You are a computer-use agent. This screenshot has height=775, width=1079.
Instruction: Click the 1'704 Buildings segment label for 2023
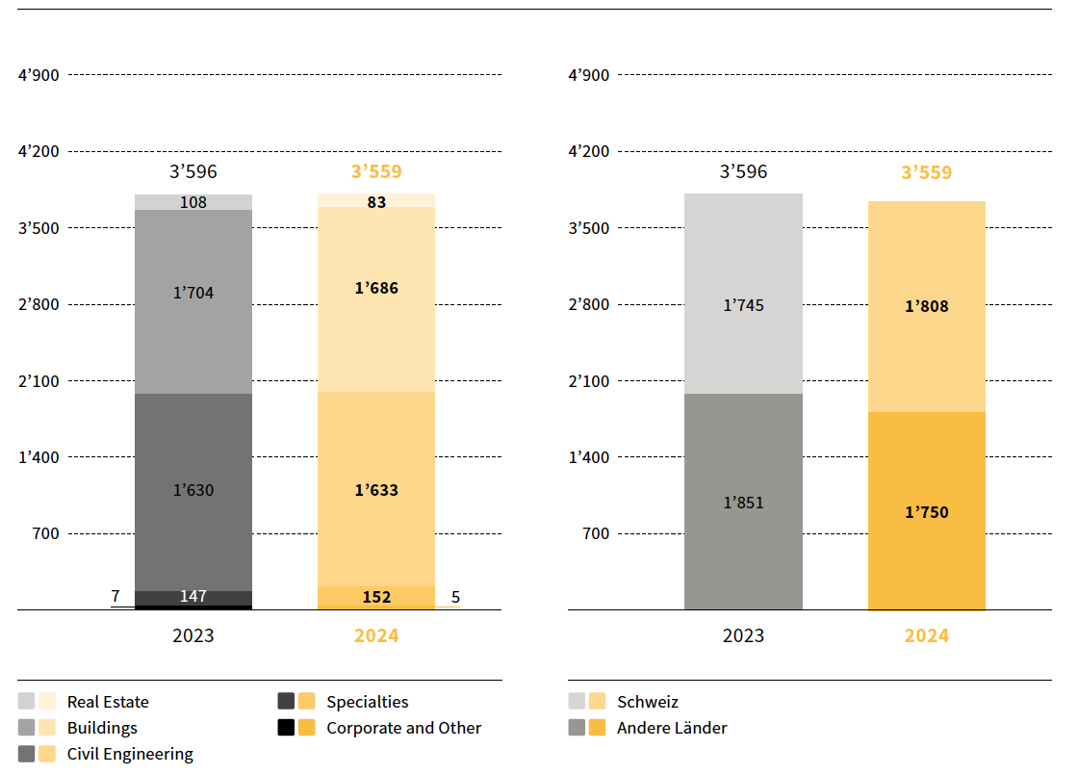pyautogui.click(x=193, y=293)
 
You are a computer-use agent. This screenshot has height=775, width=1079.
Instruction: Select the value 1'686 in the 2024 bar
pyautogui.click(x=376, y=288)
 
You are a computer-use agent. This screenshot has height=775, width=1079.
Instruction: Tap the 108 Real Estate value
pyautogui.click(x=193, y=202)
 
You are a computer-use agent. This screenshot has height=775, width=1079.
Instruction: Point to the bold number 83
pyautogui.click(x=376, y=202)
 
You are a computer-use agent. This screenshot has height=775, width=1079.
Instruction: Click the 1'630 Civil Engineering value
pyautogui.click(x=193, y=490)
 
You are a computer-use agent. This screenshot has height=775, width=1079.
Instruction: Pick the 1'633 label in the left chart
pyautogui.click(x=376, y=490)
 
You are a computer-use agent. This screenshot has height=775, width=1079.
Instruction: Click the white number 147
pyautogui.click(x=193, y=597)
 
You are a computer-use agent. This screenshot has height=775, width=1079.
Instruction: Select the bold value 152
pyautogui.click(x=376, y=597)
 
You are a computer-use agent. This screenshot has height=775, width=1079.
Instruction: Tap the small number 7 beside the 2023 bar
pyautogui.click(x=116, y=597)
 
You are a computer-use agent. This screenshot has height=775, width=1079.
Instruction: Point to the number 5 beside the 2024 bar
pyautogui.click(x=455, y=597)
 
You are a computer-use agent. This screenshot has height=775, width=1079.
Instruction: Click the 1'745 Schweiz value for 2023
pyautogui.click(x=743, y=305)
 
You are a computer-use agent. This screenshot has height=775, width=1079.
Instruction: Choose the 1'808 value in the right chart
pyautogui.click(x=926, y=306)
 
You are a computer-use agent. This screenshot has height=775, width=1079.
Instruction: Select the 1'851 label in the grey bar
pyautogui.click(x=743, y=503)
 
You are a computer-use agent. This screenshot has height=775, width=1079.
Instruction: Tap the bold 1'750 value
pyautogui.click(x=926, y=512)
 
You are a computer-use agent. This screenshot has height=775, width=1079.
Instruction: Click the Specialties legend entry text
pyautogui.click(x=367, y=702)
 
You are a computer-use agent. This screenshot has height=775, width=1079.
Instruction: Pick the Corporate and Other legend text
pyautogui.click(x=403, y=728)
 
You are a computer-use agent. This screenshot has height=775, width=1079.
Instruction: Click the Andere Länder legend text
pyautogui.click(x=672, y=728)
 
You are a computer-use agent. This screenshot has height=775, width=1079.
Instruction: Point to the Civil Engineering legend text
pyautogui.click(x=130, y=754)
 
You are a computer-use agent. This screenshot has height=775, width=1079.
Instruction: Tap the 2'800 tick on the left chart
pyautogui.click(x=39, y=304)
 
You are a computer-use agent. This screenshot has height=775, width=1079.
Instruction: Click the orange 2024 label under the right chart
pyautogui.click(x=926, y=635)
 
